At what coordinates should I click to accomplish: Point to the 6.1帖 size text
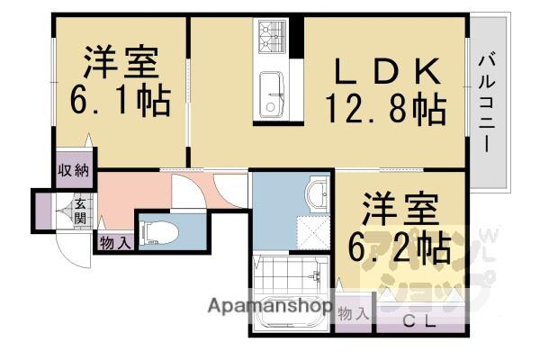[x=120, y=100]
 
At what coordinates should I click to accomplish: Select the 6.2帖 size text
[x=401, y=244]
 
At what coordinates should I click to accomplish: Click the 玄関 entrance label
[x=80, y=211]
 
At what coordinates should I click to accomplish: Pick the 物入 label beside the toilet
[x=115, y=241]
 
